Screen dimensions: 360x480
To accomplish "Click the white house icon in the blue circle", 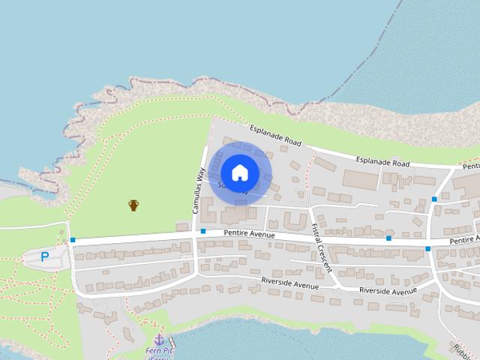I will (239, 172).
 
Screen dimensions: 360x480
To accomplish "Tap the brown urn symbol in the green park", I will (133, 205).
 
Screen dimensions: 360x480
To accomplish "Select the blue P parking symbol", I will (45, 256).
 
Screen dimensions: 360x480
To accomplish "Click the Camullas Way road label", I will (200, 190).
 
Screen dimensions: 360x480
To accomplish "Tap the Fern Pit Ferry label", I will (160, 352).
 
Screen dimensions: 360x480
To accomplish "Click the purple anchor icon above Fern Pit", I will (158, 340).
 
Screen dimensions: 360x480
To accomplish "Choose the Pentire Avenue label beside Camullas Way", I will (249, 235).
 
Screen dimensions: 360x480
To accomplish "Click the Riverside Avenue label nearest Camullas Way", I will (289, 283).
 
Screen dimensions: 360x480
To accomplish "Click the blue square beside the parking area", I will (73, 240).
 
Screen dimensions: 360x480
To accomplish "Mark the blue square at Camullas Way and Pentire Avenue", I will (202, 232).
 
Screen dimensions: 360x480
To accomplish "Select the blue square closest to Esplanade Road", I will (434, 199).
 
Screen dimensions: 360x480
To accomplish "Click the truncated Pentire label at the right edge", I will (465, 240).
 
